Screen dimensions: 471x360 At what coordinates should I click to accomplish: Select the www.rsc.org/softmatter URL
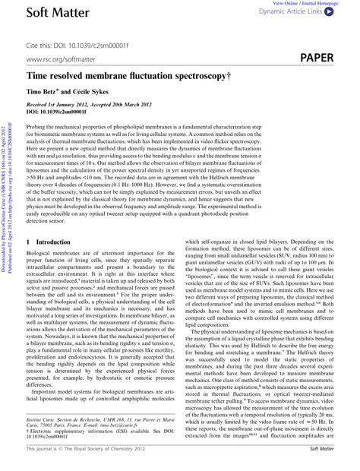pyautogui.click(x=58, y=58)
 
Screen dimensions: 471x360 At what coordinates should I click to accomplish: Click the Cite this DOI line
pyautogui.click(x=69, y=36)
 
